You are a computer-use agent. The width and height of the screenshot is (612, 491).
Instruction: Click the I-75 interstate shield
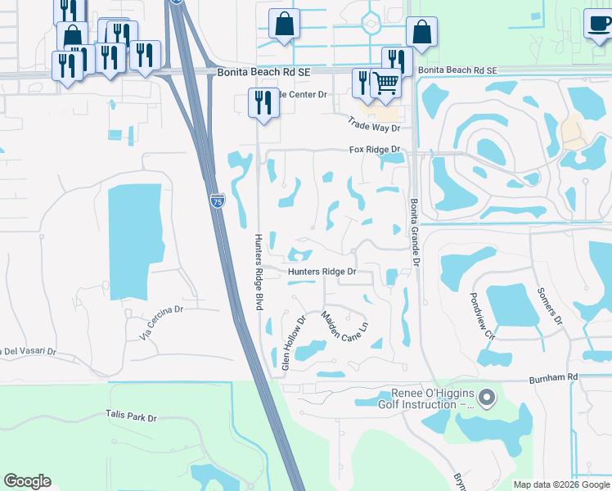pyautogui.click(x=217, y=200)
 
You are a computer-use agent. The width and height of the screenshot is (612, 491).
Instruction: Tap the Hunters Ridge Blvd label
pyautogui.click(x=258, y=272)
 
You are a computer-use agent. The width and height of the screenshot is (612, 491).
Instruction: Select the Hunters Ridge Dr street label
pyautogui.click(x=322, y=272)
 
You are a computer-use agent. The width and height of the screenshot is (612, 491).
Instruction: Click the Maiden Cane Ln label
pyautogui.click(x=344, y=331)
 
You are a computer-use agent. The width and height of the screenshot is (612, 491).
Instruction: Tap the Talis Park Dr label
pyautogui.click(x=131, y=417)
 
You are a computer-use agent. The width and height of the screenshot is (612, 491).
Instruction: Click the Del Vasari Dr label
pyautogui.click(x=28, y=351)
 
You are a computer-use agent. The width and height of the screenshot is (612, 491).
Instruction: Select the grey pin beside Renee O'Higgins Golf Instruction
pyautogui.click(x=487, y=399)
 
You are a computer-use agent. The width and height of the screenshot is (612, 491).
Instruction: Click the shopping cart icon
pyautogui.click(x=385, y=83)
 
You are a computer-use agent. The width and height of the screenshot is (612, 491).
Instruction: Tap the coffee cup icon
pyautogui.click(x=598, y=22)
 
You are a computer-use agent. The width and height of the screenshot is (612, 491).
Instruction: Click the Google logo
pyautogui.click(x=27, y=481)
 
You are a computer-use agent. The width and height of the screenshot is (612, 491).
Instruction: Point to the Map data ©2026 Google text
pyautogui.click(x=561, y=484)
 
